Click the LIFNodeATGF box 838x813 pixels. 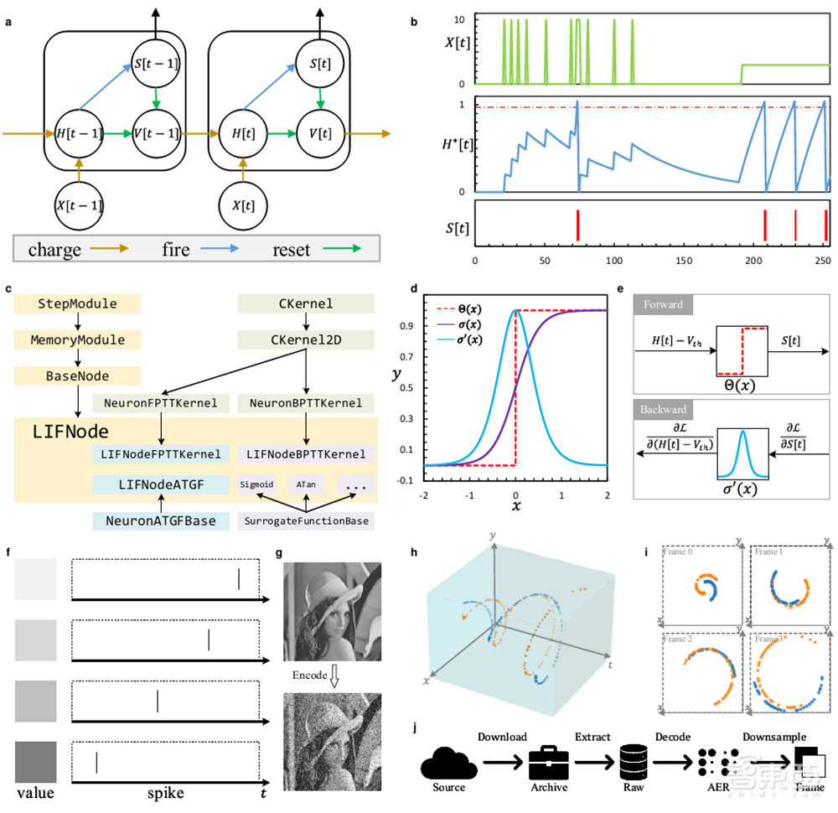point(161,484)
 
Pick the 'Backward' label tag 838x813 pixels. point(663,411)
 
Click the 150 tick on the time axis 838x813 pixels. point(685,261)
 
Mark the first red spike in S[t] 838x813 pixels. point(577,225)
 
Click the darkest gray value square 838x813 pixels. point(35,761)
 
